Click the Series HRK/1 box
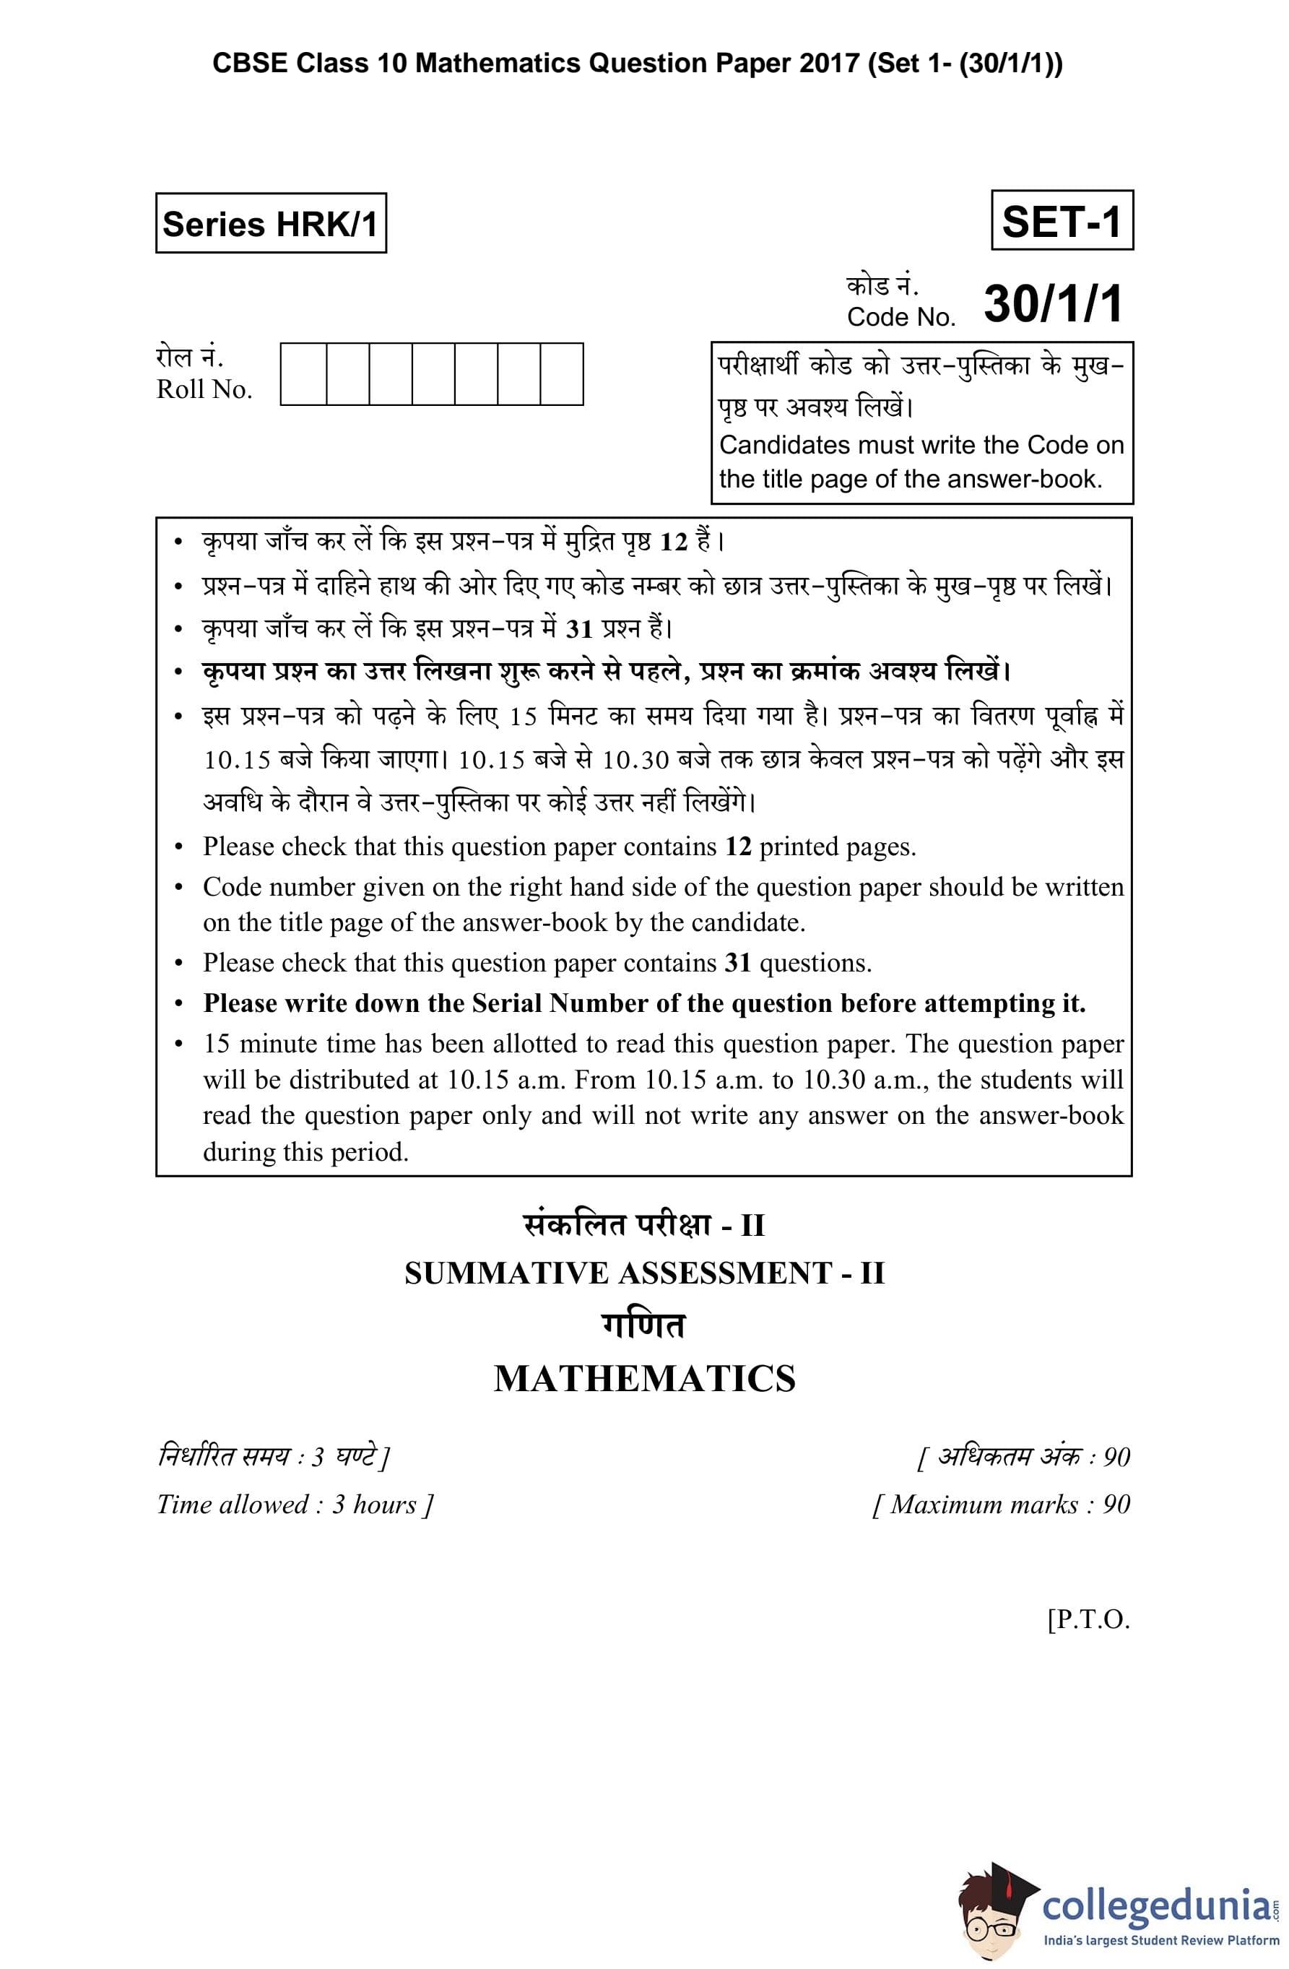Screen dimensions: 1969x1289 click(271, 223)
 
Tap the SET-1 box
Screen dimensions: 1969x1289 click(1062, 221)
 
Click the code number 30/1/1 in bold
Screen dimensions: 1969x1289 click(1053, 303)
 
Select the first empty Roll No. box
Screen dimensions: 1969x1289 click(303, 374)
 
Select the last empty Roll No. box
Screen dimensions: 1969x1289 click(561, 374)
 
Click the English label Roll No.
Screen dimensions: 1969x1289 click(204, 389)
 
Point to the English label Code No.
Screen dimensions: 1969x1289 click(900, 317)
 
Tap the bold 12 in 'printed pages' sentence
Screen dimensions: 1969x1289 click(738, 847)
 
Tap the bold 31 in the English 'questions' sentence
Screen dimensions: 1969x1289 click(737, 963)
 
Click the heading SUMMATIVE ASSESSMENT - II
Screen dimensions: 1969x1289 click(643, 1273)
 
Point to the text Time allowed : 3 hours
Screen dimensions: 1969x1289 click(294, 1504)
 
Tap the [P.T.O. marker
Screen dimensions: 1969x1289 click(1088, 1619)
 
